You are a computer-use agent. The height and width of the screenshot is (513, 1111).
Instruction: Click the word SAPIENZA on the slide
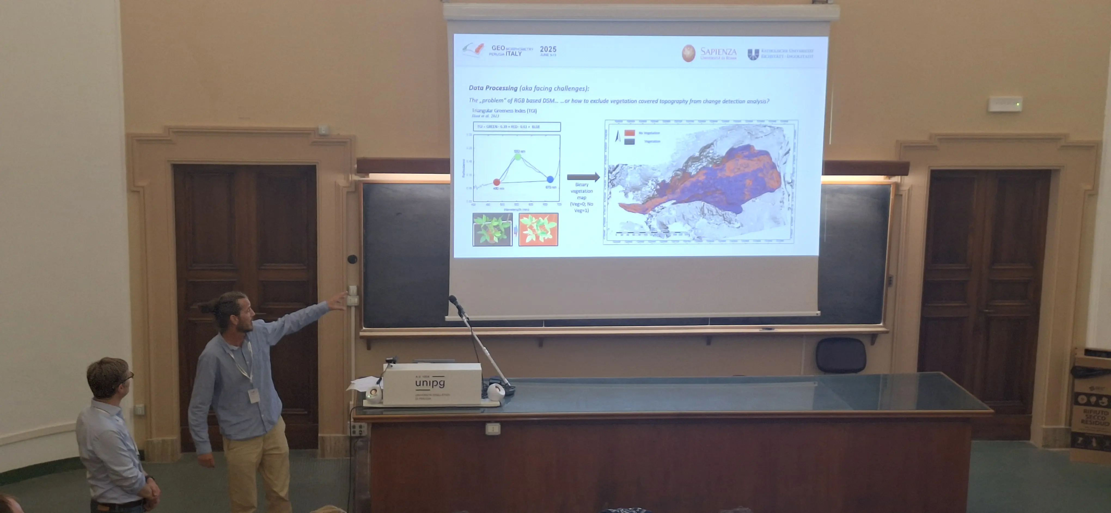[718, 51]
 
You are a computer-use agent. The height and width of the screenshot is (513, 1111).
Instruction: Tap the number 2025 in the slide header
[548, 49]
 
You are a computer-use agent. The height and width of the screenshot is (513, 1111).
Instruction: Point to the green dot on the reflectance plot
[518, 157]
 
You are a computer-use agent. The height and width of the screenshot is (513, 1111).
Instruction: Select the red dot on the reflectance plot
[496, 182]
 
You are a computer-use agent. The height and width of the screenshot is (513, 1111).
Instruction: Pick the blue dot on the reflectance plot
[550, 179]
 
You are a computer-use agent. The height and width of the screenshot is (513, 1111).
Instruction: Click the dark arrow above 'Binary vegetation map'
[583, 177]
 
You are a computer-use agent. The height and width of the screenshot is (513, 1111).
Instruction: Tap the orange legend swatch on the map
[630, 133]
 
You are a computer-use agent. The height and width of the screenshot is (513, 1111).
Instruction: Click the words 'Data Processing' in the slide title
[493, 88]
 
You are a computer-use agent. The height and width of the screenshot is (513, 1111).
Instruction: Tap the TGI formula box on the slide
[517, 126]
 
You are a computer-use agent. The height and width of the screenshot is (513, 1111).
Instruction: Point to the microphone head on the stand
[453, 299]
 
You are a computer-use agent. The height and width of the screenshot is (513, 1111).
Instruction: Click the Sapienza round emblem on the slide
[688, 53]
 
